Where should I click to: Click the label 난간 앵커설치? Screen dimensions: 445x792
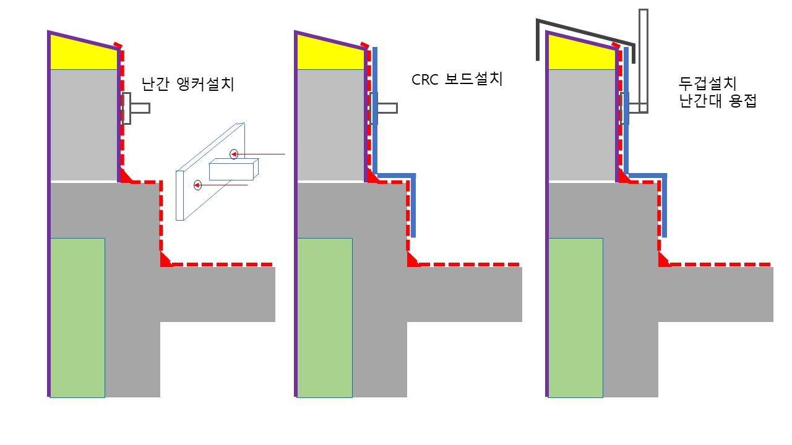[x=188, y=84]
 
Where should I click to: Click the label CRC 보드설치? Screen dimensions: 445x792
[x=457, y=79]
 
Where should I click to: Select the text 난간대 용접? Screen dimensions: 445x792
[x=718, y=101]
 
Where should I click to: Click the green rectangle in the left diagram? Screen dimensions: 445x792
[x=77, y=317]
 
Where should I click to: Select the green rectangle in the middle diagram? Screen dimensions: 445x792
[x=324, y=317]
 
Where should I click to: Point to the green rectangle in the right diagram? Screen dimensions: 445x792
[x=575, y=317]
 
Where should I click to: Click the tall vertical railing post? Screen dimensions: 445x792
[x=643, y=59]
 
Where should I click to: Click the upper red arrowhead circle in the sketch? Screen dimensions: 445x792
[x=234, y=155]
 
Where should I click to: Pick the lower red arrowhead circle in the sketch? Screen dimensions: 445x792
[x=197, y=185]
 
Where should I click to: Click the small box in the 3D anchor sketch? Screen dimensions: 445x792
[x=231, y=171]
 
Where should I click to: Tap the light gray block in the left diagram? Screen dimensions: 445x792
[x=84, y=124]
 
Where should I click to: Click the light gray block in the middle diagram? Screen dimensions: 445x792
[x=330, y=124]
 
